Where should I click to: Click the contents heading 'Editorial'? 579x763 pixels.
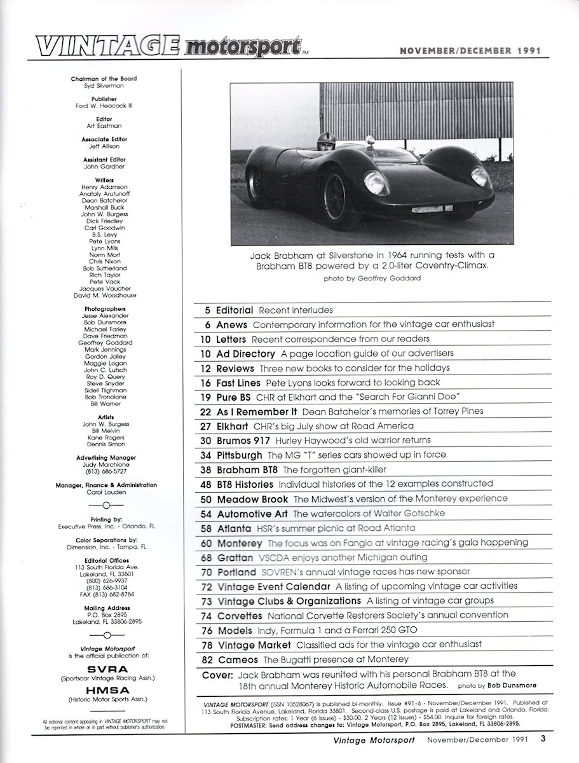click(x=235, y=310)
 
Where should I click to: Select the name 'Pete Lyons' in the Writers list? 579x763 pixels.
click(x=105, y=242)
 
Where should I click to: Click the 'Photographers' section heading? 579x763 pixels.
click(x=105, y=308)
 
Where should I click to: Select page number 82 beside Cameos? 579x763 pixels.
click(x=205, y=659)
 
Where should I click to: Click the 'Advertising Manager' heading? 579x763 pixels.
click(x=105, y=457)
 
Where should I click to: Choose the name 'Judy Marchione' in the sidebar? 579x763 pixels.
click(x=105, y=464)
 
